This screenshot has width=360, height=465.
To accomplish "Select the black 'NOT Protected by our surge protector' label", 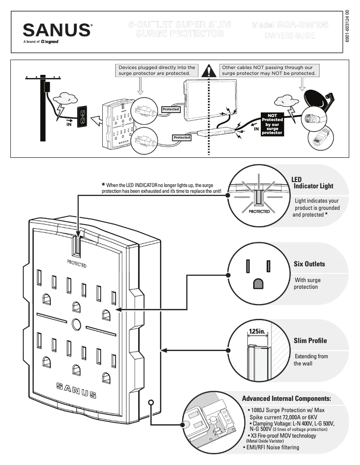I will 272,124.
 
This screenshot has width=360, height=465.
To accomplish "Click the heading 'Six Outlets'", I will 309,264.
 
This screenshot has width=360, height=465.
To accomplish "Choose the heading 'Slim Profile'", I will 310,341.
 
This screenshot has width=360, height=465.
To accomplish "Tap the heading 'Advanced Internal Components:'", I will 286,399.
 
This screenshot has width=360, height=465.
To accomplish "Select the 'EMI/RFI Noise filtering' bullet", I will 272,447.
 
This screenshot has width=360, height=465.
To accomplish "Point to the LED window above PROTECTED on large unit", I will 77,246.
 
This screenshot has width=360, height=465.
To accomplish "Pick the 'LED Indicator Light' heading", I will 312,183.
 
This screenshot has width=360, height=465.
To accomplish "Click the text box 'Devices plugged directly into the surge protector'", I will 157,70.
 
